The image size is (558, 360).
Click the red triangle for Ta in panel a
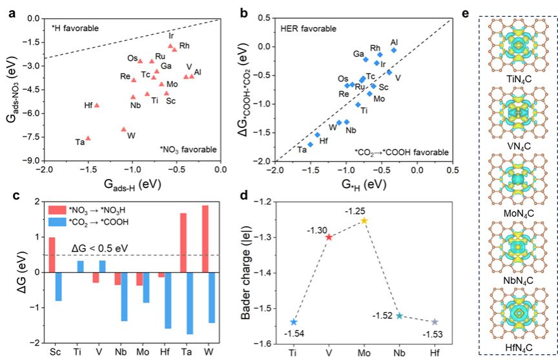[x=88, y=138]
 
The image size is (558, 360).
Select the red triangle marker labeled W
[x=124, y=129]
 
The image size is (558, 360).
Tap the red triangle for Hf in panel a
[x=97, y=105]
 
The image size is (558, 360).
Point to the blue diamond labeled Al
[x=394, y=50]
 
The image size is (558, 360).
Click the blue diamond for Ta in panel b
[x=311, y=144]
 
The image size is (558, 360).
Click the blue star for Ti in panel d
[x=294, y=322]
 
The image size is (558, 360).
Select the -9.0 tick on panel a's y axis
[x=32, y=161]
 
